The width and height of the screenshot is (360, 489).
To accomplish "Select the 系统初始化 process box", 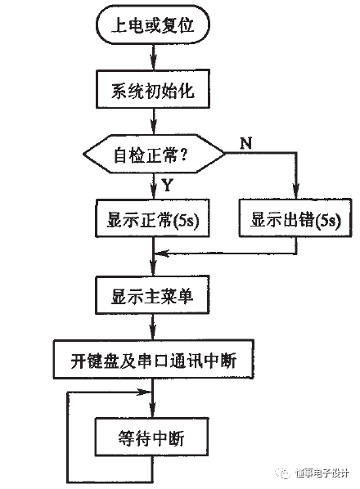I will click(153, 92).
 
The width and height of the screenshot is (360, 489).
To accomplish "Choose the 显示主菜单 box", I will click(153, 295).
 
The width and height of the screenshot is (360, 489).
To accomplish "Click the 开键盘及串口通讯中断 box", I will click(154, 361).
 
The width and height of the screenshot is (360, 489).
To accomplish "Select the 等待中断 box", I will click(153, 439).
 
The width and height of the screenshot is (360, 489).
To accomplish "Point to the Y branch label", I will click(166, 184).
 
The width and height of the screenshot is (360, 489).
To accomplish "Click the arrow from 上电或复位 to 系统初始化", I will click(154, 58).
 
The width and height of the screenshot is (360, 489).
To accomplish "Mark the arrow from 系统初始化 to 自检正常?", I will click(154, 123).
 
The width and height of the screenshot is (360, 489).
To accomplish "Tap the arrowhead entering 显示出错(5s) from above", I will click(298, 194).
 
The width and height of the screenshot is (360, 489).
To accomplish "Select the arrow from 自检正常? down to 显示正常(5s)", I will click(154, 186).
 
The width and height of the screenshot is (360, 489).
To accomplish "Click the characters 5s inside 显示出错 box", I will click(326, 218).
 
